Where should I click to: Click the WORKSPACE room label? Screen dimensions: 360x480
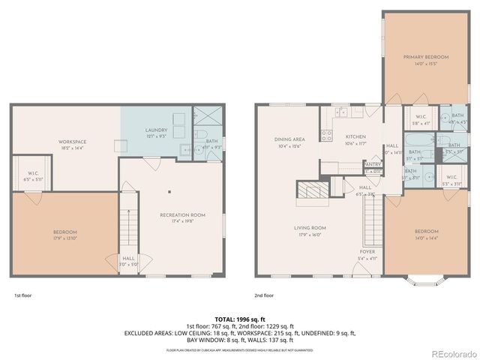point(73,142)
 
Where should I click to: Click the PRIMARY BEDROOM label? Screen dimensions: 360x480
point(425,57)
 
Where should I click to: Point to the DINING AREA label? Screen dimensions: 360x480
point(289,139)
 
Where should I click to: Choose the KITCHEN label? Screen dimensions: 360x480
point(355,136)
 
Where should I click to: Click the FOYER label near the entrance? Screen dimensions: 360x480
point(367,252)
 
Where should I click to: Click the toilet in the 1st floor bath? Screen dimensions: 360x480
point(201,136)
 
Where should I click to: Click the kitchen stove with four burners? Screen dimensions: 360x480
point(326,136)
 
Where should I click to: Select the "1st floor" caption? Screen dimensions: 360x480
point(22,295)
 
